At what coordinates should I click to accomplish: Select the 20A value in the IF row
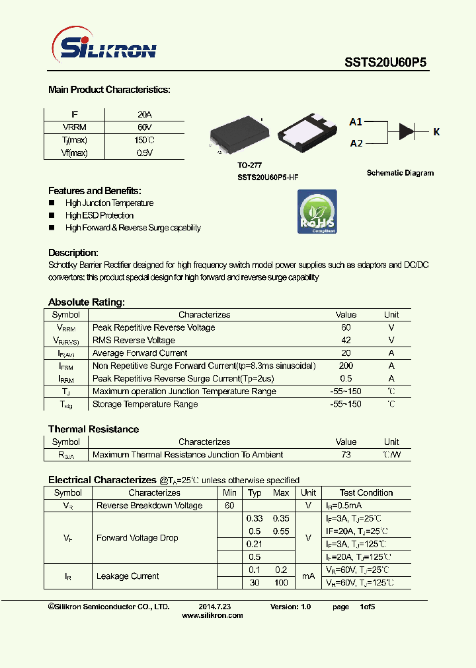(144, 114)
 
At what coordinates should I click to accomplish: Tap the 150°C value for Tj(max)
(144, 140)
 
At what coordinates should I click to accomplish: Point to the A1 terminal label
(356, 122)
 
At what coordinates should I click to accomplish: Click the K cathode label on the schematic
(436, 132)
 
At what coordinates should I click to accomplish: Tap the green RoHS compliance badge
(317, 211)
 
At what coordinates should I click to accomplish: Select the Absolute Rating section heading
(86, 302)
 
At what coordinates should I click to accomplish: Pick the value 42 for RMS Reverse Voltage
(346, 341)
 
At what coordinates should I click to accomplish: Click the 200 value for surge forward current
(346, 366)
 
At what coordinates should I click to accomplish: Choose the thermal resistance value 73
(346, 455)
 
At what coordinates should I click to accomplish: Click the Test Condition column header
(366, 493)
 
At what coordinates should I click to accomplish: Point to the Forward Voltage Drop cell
(137, 538)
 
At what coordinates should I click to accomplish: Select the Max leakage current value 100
(281, 583)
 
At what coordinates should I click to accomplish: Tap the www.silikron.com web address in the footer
(212, 615)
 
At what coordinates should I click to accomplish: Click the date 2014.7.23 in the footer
(214, 606)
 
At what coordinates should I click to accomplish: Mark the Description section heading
(73, 253)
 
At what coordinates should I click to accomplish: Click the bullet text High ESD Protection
(99, 215)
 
